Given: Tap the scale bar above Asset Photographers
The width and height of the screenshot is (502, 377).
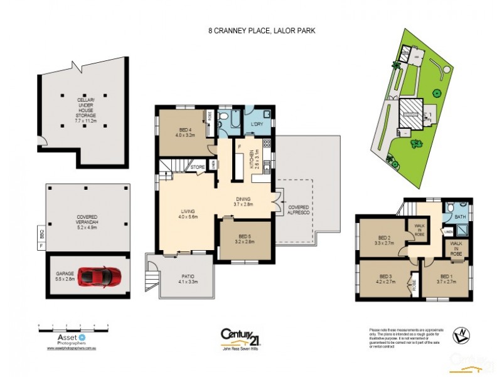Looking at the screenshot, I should [x=74, y=327].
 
